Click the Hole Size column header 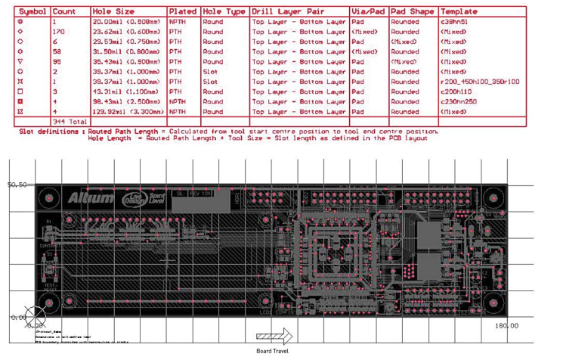113,13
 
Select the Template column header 459,13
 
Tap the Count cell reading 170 59,33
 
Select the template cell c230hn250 459,101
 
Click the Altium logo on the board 90,198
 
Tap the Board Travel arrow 274,337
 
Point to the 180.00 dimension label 506,326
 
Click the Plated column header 183,13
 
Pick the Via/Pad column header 369,13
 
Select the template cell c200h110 455,92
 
